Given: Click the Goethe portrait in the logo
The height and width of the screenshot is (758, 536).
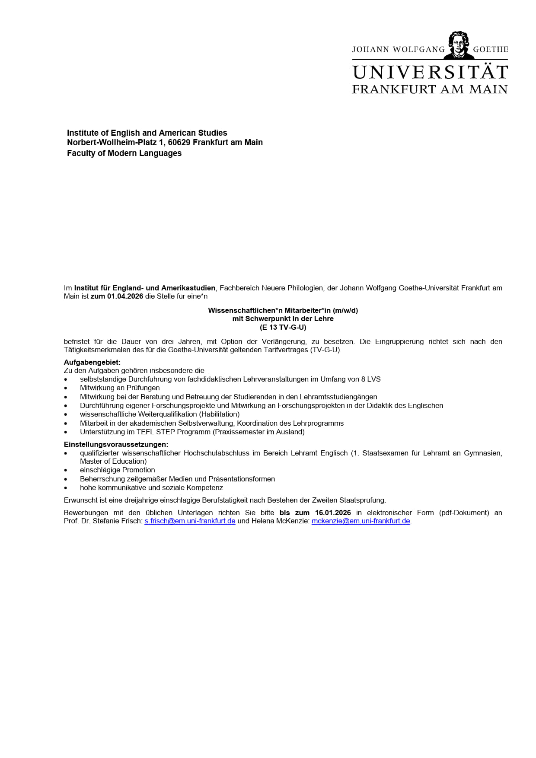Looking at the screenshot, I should (x=459, y=45).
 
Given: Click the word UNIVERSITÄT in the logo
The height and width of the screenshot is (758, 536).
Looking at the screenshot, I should (x=430, y=73).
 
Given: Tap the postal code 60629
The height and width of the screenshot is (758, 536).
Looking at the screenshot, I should (x=179, y=143).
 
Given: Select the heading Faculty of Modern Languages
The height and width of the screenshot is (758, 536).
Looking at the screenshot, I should (x=124, y=153).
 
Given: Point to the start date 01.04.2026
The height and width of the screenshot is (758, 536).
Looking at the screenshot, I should (x=125, y=296).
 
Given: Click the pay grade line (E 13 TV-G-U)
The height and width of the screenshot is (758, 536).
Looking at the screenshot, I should (x=283, y=327).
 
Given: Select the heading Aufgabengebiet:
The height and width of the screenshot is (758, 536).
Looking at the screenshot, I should (x=92, y=362).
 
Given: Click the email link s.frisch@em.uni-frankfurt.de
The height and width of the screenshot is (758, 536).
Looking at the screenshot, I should (x=190, y=521).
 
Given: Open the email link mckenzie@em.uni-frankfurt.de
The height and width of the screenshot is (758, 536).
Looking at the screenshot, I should (x=361, y=521).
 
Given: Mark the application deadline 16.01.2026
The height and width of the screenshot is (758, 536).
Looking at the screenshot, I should (x=333, y=513).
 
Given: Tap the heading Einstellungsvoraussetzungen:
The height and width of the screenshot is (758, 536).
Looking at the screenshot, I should (x=116, y=444).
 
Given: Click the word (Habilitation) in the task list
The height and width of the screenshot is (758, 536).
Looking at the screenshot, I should (x=219, y=414).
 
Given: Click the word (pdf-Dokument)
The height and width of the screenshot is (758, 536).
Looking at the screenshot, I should (x=464, y=513).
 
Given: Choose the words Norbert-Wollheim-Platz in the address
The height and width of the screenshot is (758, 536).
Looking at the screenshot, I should (x=112, y=143).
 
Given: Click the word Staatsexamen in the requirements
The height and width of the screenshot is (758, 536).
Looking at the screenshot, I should (x=384, y=453).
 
